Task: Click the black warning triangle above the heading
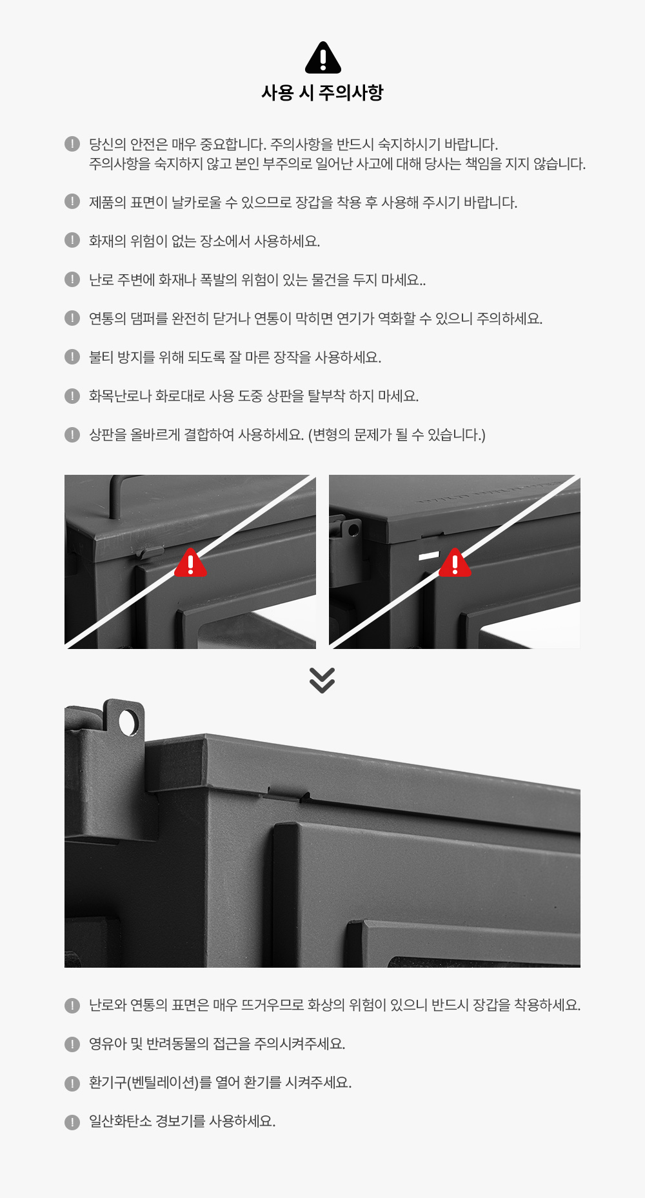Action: click(322, 57)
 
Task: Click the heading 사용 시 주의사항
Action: click(322, 93)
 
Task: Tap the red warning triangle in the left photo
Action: click(191, 563)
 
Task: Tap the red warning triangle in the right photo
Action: click(455, 563)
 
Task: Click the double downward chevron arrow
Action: click(322, 680)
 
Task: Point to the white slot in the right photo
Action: click(429, 555)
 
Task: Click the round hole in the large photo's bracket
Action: click(128, 723)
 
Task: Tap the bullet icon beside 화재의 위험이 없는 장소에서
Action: click(72, 241)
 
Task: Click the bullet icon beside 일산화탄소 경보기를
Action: click(72, 1122)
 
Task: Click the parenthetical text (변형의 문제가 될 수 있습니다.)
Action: click(397, 435)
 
